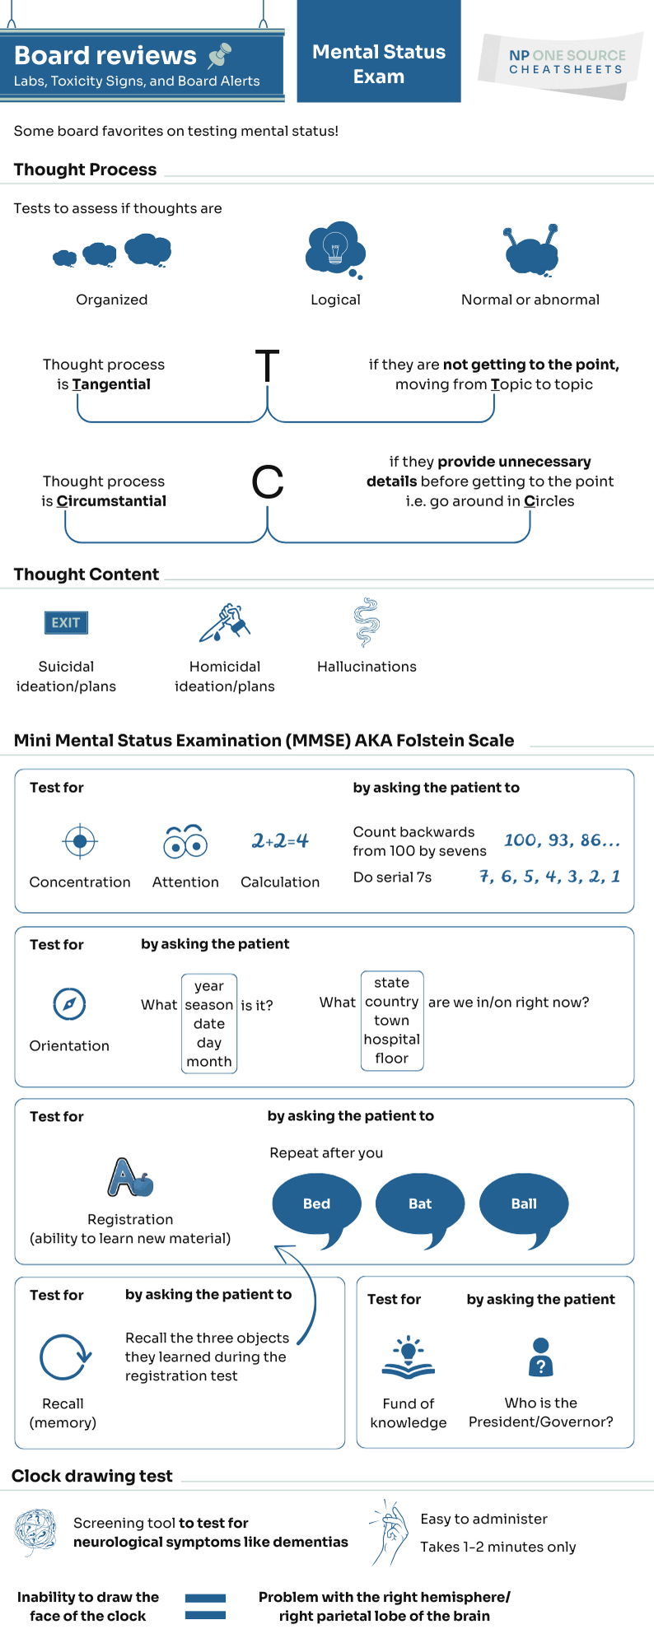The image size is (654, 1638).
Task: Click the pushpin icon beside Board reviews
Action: [220, 55]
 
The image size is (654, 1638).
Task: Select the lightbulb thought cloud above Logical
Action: [334, 248]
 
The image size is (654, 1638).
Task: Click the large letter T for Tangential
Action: [267, 366]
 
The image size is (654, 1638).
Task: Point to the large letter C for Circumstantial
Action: [267, 482]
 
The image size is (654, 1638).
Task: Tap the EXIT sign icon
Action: [66, 623]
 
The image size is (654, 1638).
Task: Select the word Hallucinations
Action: [367, 667]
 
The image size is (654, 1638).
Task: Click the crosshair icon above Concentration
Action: [80, 841]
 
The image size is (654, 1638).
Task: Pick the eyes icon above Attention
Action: [185, 841]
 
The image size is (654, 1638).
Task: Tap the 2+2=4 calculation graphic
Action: [280, 840]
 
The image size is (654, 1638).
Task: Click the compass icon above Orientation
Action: [69, 1003]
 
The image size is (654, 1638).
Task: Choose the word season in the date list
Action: [209, 1005]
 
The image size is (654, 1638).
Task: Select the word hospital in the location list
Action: [392, 1040]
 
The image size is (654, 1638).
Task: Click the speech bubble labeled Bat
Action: [420, 1203]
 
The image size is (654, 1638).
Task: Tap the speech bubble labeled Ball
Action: [524, 1203]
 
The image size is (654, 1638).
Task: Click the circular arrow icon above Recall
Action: [64, 1356]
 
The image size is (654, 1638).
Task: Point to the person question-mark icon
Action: [540, 1357]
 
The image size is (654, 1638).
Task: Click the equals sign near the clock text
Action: [205, 1606]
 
